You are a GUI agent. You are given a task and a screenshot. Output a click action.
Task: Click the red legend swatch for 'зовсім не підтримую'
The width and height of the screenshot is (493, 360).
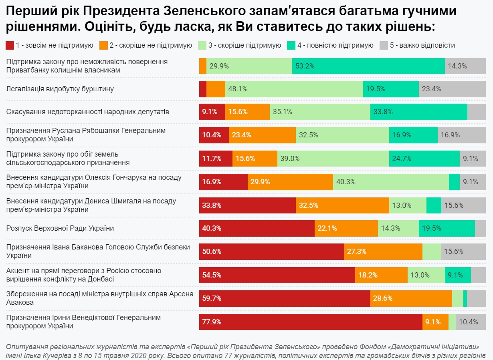point(10,45)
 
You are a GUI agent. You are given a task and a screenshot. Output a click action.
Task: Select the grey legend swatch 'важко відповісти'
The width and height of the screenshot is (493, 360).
point(383,45)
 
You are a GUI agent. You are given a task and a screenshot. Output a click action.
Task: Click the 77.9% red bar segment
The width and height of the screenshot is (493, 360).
point(311,322)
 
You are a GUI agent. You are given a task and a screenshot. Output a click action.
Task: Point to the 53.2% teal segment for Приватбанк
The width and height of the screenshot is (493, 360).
point(368,66)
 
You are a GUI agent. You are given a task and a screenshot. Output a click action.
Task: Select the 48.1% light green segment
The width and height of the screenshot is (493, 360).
point(294,89)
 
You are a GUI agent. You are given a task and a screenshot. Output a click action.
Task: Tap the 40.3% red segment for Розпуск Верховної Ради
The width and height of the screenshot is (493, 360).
point(257,228)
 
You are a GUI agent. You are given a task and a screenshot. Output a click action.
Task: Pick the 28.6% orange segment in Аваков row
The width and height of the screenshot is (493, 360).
point(411,298)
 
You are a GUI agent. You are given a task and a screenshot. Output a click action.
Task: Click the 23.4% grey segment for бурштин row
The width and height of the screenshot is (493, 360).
point(452,89)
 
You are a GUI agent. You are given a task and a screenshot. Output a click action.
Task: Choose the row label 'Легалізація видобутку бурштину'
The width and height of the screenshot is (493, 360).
point(60,89)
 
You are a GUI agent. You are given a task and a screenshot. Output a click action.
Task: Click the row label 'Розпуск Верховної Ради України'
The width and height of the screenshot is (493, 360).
point(60,228)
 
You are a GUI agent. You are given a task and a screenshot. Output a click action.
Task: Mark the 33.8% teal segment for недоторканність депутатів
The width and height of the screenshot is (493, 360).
point(418,112)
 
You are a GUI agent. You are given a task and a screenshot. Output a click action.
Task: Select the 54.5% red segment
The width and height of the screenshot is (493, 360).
point(277,275)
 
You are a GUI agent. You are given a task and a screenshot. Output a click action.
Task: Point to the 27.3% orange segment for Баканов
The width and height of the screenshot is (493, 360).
point(383,251)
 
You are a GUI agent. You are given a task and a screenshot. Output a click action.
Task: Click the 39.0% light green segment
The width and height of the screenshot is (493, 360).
point(333,159)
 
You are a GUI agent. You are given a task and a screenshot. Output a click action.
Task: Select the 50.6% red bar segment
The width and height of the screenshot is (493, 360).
point(271,251)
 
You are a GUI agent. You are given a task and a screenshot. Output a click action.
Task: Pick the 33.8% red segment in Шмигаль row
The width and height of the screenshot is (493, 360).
point(247,205)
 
